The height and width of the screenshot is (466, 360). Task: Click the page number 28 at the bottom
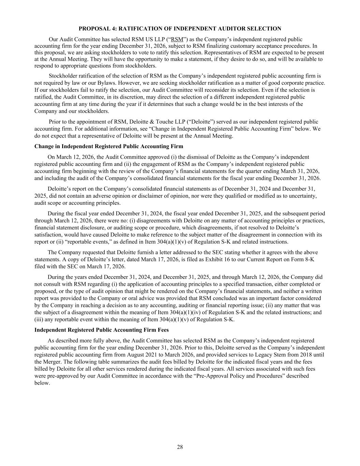click(180, 447)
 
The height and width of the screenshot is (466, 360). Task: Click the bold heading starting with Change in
click(109, 146)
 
